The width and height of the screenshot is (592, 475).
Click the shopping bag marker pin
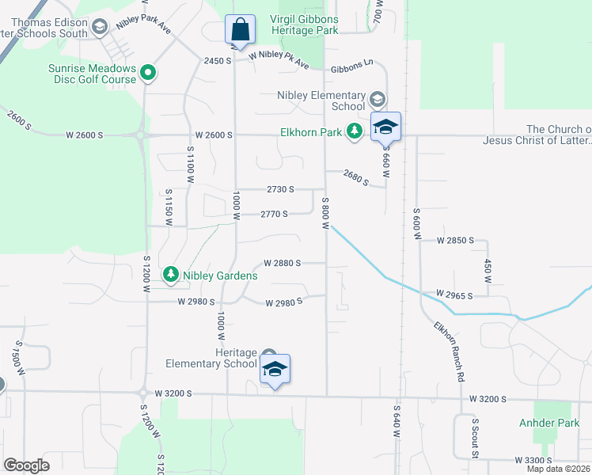[240, 31]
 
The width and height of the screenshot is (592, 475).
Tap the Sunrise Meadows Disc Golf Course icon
[147, 74]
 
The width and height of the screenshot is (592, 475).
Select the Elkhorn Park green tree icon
[356, 131]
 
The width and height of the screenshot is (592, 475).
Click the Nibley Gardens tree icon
[170, 275]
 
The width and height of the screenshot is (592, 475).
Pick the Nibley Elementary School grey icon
[378, 100]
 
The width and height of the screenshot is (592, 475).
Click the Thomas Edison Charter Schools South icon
[100, 28]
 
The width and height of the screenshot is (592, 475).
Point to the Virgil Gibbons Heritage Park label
[294, 25]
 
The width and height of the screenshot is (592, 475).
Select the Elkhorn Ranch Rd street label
[448, 351]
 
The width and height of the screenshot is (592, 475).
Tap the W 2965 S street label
[448, 295]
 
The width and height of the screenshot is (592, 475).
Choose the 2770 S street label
[274, 214]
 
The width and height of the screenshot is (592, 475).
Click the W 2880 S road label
[283, 262]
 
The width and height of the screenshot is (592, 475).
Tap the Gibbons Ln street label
[351, 70]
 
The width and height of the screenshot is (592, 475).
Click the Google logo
[26, 465]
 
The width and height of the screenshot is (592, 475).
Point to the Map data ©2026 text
[559, 469]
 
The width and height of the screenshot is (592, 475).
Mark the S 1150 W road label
[169, 208]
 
